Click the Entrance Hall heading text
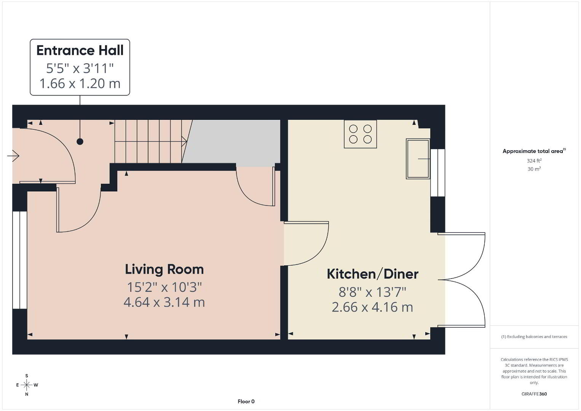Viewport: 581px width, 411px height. click(x=80, y=50)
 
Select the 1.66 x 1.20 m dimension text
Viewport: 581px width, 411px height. click(x=80, y=83)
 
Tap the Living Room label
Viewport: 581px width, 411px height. click(x=164, y=269)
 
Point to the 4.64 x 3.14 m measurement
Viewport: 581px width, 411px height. click(x=164, y=302)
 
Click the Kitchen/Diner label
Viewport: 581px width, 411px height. click(x=372, y=274)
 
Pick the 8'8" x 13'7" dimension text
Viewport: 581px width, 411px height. click(x=372, y=292)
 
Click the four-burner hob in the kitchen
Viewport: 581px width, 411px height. click(x=360, y=134)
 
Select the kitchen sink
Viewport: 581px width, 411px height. click(x=418, y=159)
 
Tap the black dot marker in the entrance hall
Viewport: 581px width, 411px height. click(x=80, y=142)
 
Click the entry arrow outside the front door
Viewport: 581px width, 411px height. click(x=13, y=156)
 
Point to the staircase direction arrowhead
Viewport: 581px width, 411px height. click(x=184, y=142)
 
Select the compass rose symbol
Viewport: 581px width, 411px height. click(x=27, y=385)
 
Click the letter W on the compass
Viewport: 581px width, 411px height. click(x=36, y=385)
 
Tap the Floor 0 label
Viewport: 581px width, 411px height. click(x=246, y=401)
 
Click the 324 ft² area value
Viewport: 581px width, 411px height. click(x=534, y=161)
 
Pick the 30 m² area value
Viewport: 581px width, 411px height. click(x=534, y=169)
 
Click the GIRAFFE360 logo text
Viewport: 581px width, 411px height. click(x=534, y=394)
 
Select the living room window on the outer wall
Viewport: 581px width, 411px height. click(x=20, y=260)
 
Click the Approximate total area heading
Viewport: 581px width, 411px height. click(x=534, y=151)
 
